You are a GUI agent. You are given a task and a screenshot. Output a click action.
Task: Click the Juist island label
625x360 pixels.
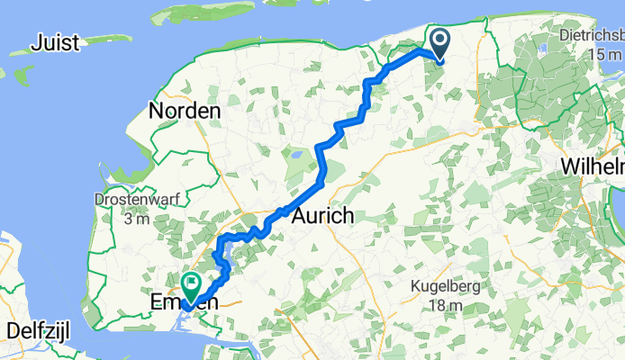(x=56, y=42)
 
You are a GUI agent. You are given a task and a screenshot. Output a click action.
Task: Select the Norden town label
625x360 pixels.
(x=185, y=112)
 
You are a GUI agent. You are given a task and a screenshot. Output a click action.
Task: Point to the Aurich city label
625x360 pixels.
(x=322, y=218)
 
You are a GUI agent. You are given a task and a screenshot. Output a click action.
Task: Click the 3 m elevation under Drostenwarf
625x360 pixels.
(x=131, y=218)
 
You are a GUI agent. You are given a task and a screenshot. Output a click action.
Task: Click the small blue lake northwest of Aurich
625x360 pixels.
(x=295, y=159)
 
